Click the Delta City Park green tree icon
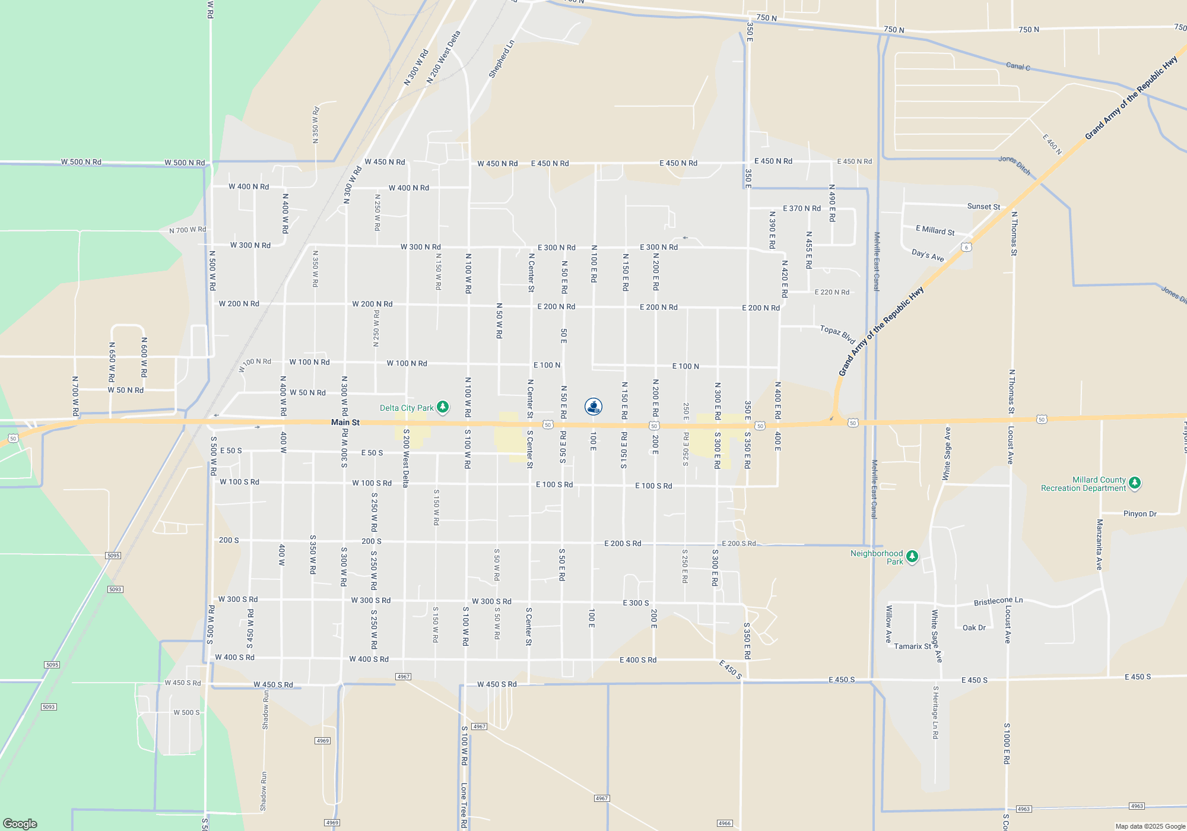coord(443,407)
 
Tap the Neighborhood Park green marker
coord(912,557)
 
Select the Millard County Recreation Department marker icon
coord(1135,483)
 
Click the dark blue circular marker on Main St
coord(593,407)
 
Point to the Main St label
coord(345,423)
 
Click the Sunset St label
coord(983,207)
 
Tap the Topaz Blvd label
coord(837,334)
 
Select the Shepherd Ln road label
coord(502,59)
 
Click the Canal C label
coord(1018,66)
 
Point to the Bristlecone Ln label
coord(998,601)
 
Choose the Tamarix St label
coord(913,646)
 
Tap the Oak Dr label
coord(974,627)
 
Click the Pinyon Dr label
coord(1140,514)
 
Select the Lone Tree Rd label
coord(464,805)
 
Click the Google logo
coord(20,824)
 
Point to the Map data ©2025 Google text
coord(1150,826)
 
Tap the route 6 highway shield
coord(967,248)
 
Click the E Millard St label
coord(935,230)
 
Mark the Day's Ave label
coord(928,255)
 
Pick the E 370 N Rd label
coord(802,208)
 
